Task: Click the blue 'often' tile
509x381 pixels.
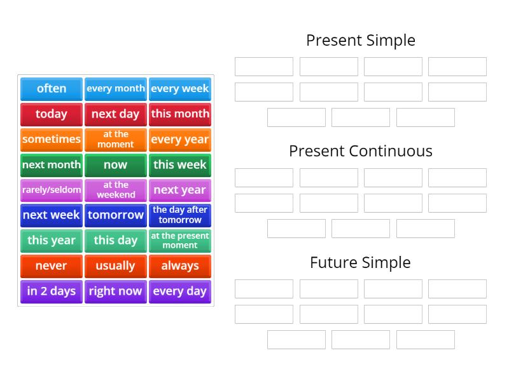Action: pyautogui.click(x=52, y=89)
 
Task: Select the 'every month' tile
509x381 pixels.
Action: pyautogui.click(x=116, y=89)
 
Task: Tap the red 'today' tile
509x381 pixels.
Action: pyautogui.click(x=52, y=114)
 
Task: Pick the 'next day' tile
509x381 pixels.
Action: pyautogui.click(x=116, y=114)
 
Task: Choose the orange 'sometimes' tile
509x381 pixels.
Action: pyautogui.click(x=52, y=139)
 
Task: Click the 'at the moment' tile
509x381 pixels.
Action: pyautogui.click(x=116, y=139)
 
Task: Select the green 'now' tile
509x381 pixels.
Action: pyautogui.click(x=116, y=164)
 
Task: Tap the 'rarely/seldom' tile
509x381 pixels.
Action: pyautogui.click(x=52, y=190)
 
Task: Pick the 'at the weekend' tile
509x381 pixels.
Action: pyautogui.click(x=116, y=190)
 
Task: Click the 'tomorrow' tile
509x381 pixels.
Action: pyautogui.click(x=116, y=215)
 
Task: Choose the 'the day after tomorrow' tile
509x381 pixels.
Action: pyautogui.click(x=180, y=215)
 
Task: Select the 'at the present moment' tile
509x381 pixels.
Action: pyautogui.click(x=180, y=241)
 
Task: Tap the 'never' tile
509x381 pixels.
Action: pyautogui.click(x=52, y=266)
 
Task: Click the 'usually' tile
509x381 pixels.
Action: pyautogui.click(x=116, y=266)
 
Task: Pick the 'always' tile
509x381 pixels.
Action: pyautogui.click(x=180, y=266)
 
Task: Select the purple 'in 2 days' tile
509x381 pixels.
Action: pyautogui.click(x=52, y=291)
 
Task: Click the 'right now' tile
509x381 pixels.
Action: pyautogui.click(x=116, y=291)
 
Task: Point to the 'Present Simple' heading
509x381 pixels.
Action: pyautogui.click(x=361, y=41)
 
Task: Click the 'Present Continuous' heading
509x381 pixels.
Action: pyautogui.click(x=361, y=151)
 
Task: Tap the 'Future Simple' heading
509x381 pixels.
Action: pyautogui.click(x=361, y=262)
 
